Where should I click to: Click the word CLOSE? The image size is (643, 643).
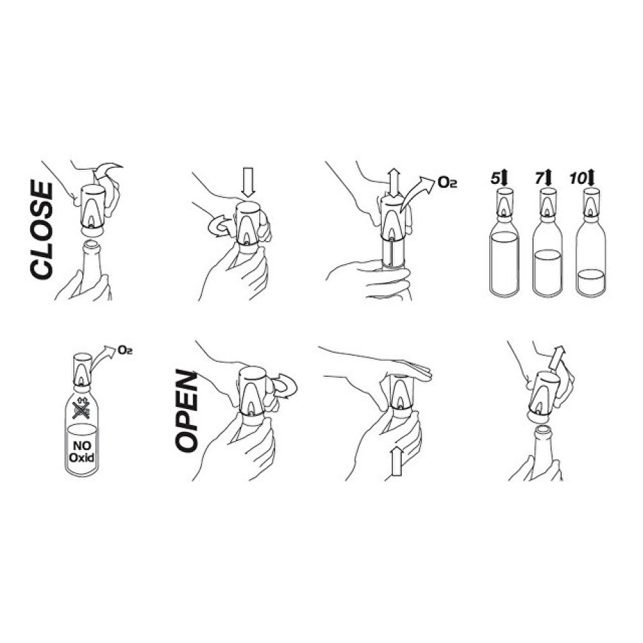coord(42,231)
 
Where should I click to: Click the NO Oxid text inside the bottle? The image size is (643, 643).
coord(82,451)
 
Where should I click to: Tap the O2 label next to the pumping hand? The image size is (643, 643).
coord(447,183)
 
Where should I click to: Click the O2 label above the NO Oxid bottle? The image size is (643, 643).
coord(125,350)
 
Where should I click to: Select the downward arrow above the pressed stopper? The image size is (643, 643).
coord(248,181)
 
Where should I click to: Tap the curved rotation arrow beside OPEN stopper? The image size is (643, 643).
coord(285,385)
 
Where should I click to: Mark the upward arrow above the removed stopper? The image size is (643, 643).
coord(556,357)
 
